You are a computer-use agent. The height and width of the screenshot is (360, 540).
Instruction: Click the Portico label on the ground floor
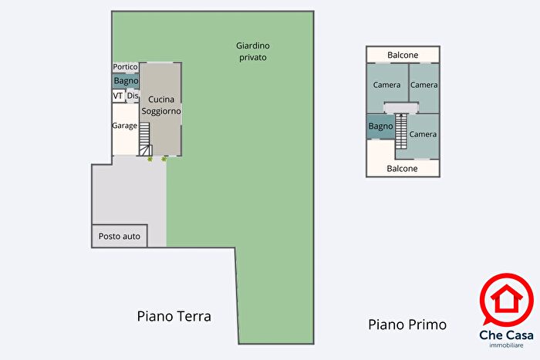[126, 67]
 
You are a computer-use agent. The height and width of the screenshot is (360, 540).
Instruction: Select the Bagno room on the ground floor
[126, 81]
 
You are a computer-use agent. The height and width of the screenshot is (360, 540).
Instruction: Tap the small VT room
[118, 96]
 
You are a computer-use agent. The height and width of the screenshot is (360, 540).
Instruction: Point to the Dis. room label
[132, 96]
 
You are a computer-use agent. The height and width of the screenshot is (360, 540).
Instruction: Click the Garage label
[124, 126]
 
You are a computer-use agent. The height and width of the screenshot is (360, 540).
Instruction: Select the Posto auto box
[120, 236]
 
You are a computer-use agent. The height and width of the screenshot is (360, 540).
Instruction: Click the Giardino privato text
[252, 52]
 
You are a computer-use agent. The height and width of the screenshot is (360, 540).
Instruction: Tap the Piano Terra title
[174, 316]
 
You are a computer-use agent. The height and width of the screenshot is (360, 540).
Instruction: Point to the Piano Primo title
[407, 325]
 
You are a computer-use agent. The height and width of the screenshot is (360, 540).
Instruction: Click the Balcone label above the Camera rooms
[403, 55]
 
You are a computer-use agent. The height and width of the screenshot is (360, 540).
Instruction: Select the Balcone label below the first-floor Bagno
[402, 168]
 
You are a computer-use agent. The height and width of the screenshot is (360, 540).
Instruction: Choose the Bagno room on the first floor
[380, 126]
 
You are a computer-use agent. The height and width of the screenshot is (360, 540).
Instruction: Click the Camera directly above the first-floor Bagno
[386, 85]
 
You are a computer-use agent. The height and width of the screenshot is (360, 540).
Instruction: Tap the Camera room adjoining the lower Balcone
[423, 134]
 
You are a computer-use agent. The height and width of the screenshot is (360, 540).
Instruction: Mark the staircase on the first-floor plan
[401, 131]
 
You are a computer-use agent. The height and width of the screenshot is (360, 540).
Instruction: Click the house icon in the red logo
[505, 300]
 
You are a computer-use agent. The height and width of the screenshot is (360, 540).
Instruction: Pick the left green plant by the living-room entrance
[150, 159]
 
